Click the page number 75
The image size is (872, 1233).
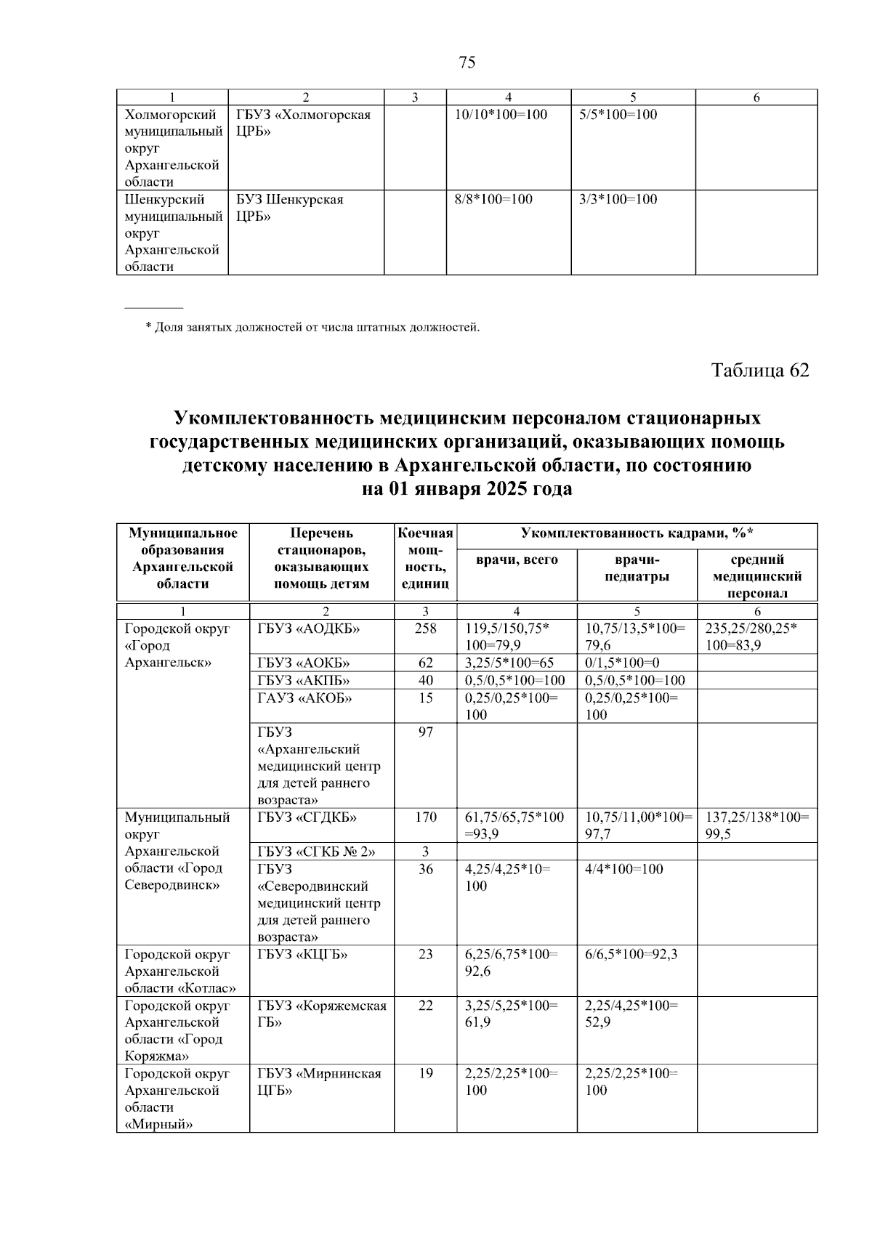pyautogui.click(x=467, y=62)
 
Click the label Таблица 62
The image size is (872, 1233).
pyautogui.click(x=759, y=370)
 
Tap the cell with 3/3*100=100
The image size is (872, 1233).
pyautogui.click(x=618, y=199)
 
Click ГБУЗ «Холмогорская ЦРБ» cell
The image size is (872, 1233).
pyautogui.click(x=304, y=123)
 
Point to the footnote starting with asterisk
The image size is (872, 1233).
pyautogui.click(x=312, y=327)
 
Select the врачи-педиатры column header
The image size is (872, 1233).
pyautogui.click(x=637, y=567)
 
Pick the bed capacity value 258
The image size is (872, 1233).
pyautogui.click(x=425, y=628)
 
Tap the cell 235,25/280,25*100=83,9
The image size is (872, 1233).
pyautogui.click(x=751, y=636)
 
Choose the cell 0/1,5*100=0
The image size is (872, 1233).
pyautogui.click(x=622, y=662)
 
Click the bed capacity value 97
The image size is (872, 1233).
pyautogui.click(x=425, y=732)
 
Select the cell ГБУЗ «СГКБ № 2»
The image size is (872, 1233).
pyautogui.click(x=316, y=851)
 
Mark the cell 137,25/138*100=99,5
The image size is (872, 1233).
pyautogui.click(x=756, y=825)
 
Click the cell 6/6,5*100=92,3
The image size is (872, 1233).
pyautogui.click(x=631, y=954)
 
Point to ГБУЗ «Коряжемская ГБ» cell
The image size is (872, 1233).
pyautogui.click(x=321, y=1014)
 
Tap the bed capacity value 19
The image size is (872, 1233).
pyautogui.click(x=425, y=1073)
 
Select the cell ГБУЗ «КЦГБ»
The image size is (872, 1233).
pyautogui.click(x=302, y=954)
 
